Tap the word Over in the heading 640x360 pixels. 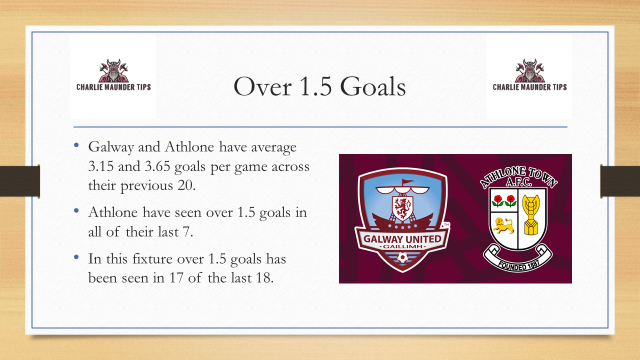coord(258,88)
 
